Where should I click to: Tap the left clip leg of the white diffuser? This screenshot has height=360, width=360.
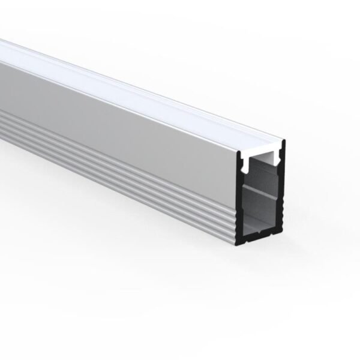(x=246, y=161)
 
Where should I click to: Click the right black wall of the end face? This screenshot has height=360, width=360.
(x=284, y=192)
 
